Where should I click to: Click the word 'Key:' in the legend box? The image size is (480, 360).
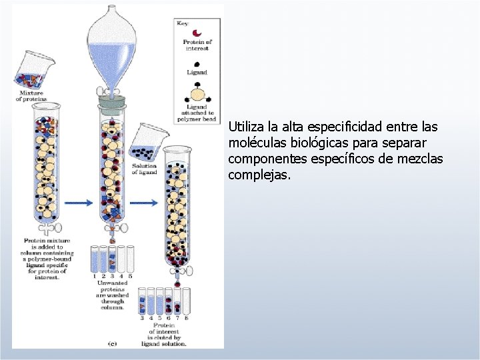point(183,23)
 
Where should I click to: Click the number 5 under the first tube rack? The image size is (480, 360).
point(131,275)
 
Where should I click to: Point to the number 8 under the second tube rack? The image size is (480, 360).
point(186,318)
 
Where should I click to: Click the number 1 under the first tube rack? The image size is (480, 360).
point(95,275)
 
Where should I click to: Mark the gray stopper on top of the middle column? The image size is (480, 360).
point(112,102)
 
